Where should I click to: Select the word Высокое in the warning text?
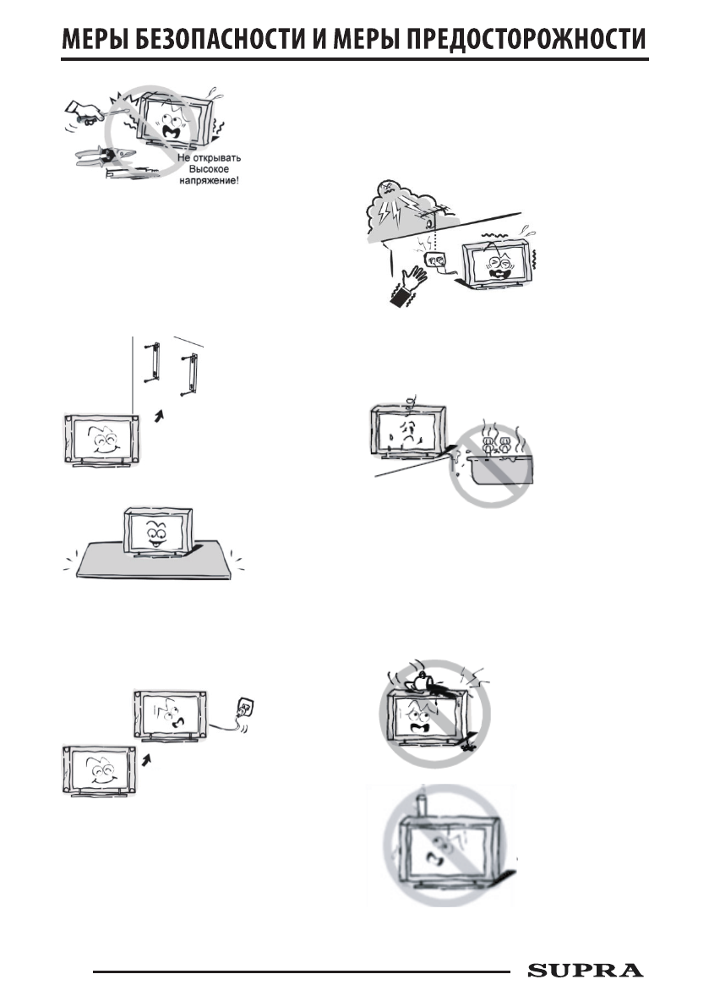(x=202, y=169)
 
